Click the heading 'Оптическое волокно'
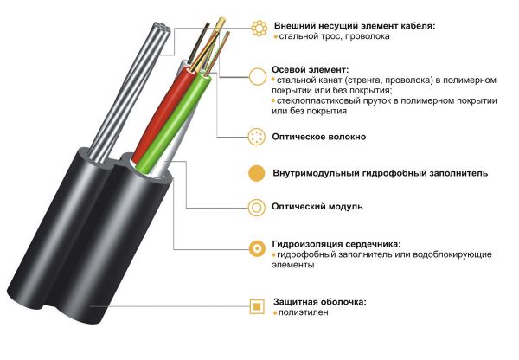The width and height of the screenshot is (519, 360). pyautogui.click(x=318, y=137)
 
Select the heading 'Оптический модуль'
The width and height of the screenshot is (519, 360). pyautogui.click(x=317, y=207)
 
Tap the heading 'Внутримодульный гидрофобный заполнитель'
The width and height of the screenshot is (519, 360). pyautogui.click(x=381, y=173)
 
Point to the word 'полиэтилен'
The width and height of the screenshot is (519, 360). pyautogui.click(x=304, y=312)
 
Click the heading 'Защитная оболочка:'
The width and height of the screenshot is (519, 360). pyautogui.click(x=320, y=302)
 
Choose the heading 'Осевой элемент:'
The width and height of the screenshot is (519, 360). pyautogui.click(x=311, y=69)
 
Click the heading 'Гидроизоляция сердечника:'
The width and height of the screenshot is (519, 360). pyautogui.click(x=336, y=244)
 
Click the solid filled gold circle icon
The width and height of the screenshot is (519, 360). pyautogui.click(x=257, y=173)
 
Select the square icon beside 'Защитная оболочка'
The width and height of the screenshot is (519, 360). pyautogui.click(x=257, y=306)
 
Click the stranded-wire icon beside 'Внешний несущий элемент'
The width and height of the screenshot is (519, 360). pyautogui.click(x=259, y=29)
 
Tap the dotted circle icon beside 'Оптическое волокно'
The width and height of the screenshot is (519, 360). pyautogui.click(x=257, y=137)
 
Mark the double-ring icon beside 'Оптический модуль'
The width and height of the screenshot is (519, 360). pyautogui.click(x=257, y=208)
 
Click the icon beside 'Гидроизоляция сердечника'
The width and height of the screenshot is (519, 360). pyautogui.click(x=257, y=248)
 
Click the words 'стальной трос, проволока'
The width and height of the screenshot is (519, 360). pyautogui.click(x=334, y=36)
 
